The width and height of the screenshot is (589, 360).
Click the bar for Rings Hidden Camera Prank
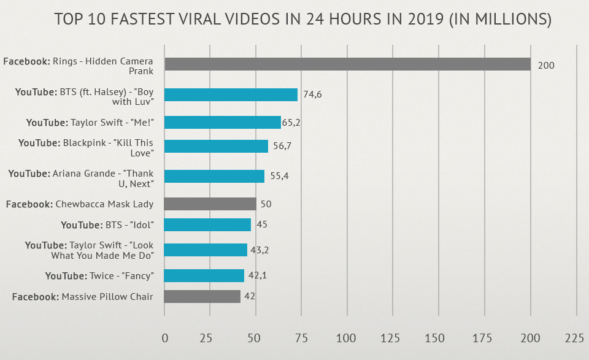[x=347, y=64]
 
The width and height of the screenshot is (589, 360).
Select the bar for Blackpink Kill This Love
[x=217, y=146]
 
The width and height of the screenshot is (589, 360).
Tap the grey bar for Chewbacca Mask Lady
[x=210, y=204]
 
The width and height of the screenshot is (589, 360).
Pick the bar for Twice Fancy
[x=204, y=275]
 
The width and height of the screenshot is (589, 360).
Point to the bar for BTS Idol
[x=208, y=224]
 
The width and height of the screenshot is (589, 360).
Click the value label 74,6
[x=313, y=94]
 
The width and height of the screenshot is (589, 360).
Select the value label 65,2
[x=291, y=123]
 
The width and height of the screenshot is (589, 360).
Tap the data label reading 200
[x=545, y=65]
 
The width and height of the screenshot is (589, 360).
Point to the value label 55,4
[x=279, y=176]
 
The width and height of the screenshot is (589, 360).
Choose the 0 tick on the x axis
[x=164, y=338]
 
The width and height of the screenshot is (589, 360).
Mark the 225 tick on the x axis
[x=575, y=338]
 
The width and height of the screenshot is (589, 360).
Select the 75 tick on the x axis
[x=301, y=338]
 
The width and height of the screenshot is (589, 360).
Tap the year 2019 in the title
[x=414, y=20]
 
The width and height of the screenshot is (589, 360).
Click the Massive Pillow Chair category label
[x=83, y=297]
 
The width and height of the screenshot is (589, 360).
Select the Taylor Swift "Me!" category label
[x=90, y=123]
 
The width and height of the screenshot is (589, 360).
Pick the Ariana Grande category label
[x=81, y=178]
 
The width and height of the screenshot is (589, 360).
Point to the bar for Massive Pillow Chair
[x=202, y=297]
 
